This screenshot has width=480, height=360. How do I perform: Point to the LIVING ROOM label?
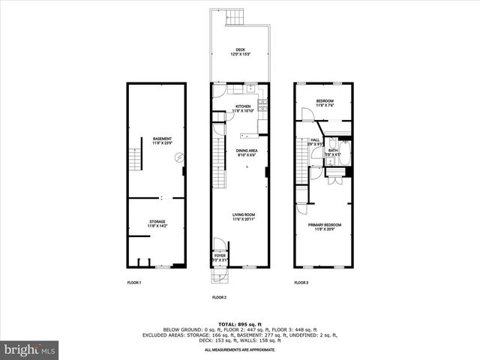244,216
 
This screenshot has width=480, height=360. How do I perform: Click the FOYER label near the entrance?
220,256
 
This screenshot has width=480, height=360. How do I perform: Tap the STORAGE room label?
157,223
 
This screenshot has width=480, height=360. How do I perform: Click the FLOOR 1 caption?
134,283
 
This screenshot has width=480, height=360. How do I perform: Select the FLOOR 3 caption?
301,283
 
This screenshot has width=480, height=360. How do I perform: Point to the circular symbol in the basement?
179,157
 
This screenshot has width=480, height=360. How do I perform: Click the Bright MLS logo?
30,350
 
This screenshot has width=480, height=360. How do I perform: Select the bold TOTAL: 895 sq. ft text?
239,323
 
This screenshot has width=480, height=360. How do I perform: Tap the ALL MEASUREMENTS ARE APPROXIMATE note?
239,350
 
